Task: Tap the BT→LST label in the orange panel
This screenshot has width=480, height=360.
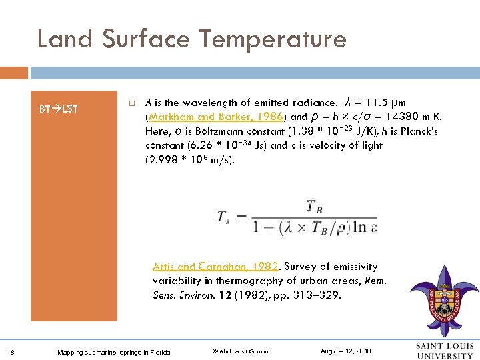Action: click(x=59, y=109)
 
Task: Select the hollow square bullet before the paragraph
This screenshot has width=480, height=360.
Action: click(x=133, y=103)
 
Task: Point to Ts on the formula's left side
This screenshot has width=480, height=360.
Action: click(x=225, y=217)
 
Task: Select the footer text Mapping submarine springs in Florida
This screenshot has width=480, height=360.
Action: click(x=113, y=352)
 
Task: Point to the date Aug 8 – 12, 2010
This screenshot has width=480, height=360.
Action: click(x=345, y=351)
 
